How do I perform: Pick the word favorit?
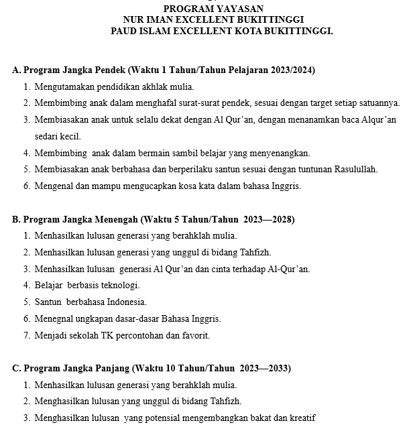pyautogui.click(x=195, y=335)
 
